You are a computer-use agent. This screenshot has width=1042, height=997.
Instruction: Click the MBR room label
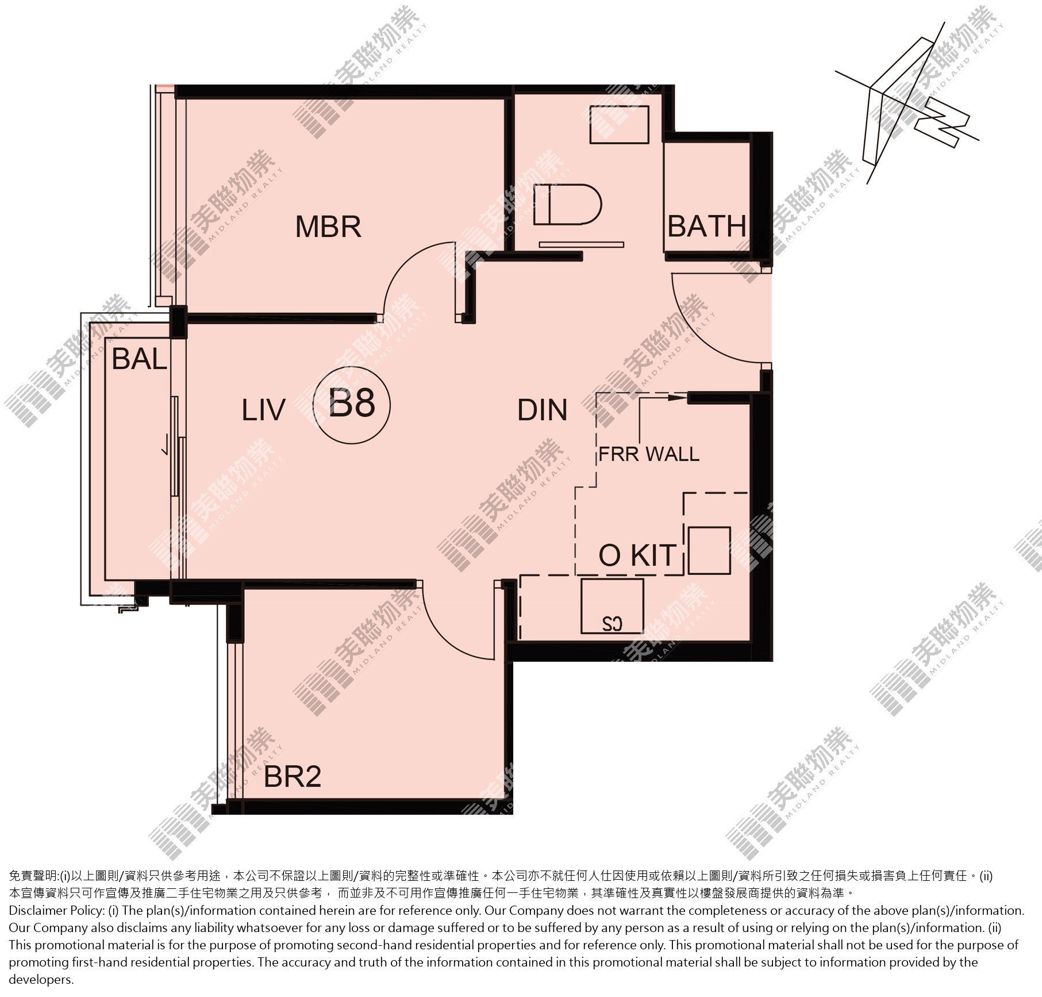point(328,227)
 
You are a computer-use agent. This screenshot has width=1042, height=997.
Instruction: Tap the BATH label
point(706,227)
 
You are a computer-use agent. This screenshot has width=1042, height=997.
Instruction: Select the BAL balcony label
point(139,359)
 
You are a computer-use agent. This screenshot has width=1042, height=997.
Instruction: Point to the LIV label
point(263,411)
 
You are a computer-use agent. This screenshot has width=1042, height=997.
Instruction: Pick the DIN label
point(543,411)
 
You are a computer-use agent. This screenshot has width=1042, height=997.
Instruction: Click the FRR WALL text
point(649,454)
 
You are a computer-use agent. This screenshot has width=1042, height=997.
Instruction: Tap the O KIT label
point(637,555)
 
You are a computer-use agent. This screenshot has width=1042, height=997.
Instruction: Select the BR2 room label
point(292,777)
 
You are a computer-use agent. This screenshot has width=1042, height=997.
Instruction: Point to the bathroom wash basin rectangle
point(619,125)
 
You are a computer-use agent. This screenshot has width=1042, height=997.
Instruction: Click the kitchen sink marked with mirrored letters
point(612,605)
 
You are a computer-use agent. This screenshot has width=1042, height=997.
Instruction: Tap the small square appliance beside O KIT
point(709,550)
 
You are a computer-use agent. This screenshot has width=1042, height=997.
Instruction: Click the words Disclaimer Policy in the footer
point(56,910)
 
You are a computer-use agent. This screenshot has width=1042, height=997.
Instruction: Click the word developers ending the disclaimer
point(41,980)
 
